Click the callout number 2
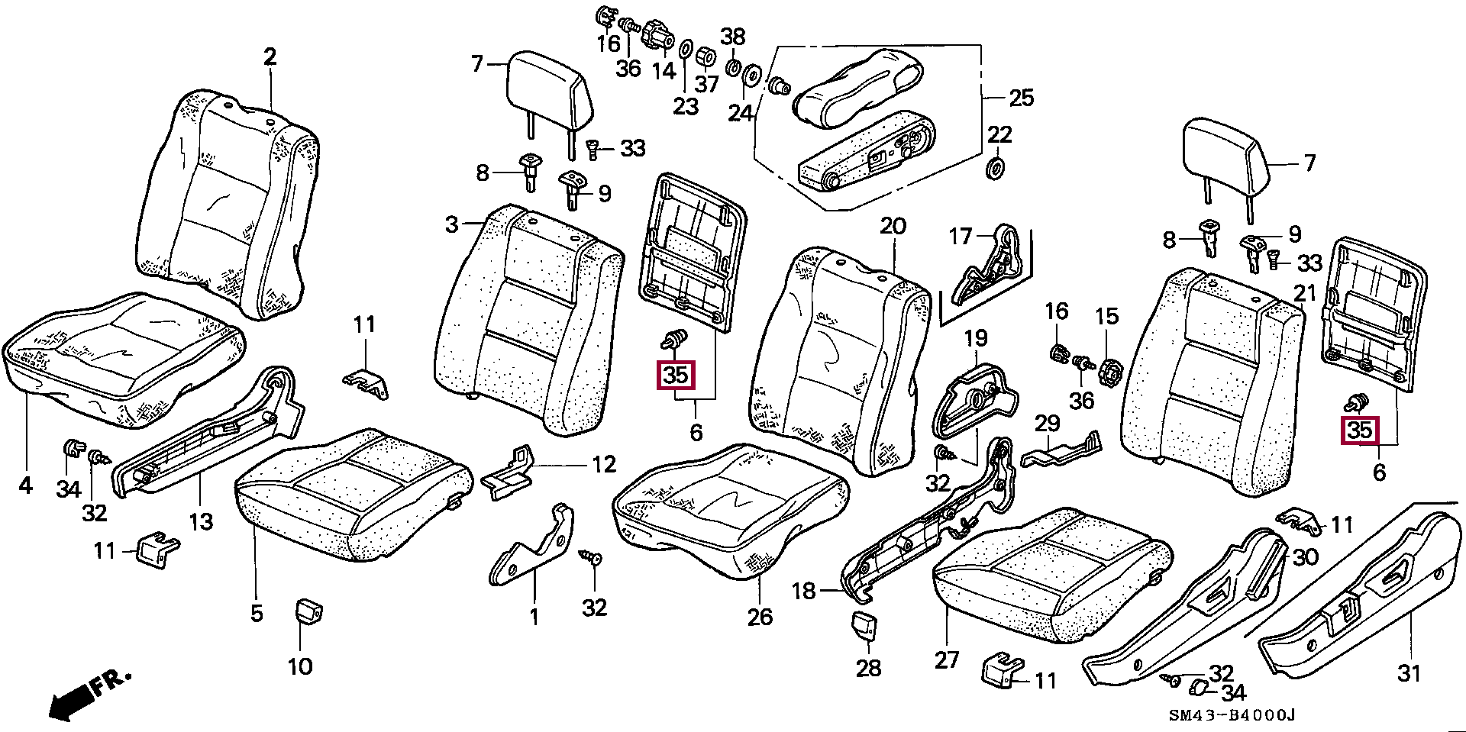(270, 57)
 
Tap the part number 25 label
(1021, 98)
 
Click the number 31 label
(1409, 673)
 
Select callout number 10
(300, 666)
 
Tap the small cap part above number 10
(308, 612)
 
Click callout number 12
(604, 464)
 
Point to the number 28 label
(868, 668)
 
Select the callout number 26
(760, 616)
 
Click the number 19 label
(976, 337)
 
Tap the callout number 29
(1048, 424)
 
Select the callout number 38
(733, 35)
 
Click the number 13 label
(201, 522)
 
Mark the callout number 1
(534, 616)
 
